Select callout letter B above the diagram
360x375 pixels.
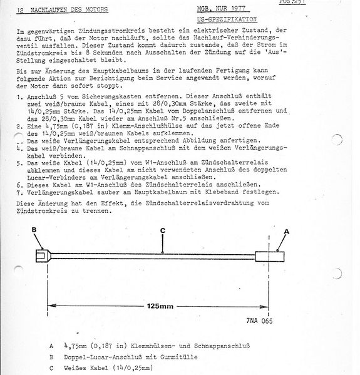(x=35, y=230)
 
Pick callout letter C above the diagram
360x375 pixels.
(x=162, y=230)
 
